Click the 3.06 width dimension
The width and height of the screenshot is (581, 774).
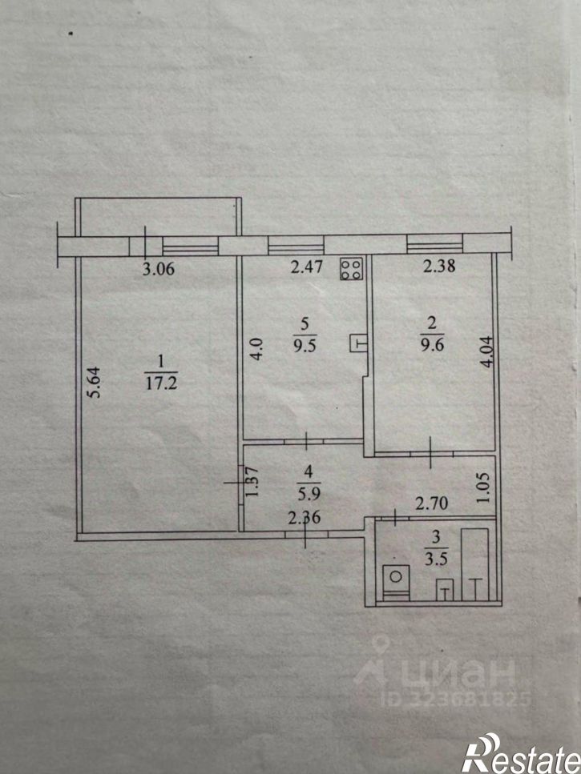click(158, 269)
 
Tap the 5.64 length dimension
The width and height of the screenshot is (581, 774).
click(95, 382)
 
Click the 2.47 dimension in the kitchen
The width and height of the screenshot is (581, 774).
click(306, 267)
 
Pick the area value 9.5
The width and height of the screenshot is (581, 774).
click(305, 344)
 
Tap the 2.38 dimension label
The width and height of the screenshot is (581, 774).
click(439, 266)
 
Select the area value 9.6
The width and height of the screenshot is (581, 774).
click(432, 343)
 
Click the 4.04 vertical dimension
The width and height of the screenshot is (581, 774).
click(487, 352)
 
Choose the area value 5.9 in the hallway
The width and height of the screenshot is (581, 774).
click(309, 492)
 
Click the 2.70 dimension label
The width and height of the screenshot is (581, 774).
click(431, 503)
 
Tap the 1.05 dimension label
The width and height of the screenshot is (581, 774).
click(482, 487)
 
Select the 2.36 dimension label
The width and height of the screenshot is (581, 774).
click(305, 518)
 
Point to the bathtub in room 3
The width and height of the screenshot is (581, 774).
click(474, 565)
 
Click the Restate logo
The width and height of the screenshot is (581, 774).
click(521, 753)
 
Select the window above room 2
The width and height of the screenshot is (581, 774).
click(435, 244)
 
